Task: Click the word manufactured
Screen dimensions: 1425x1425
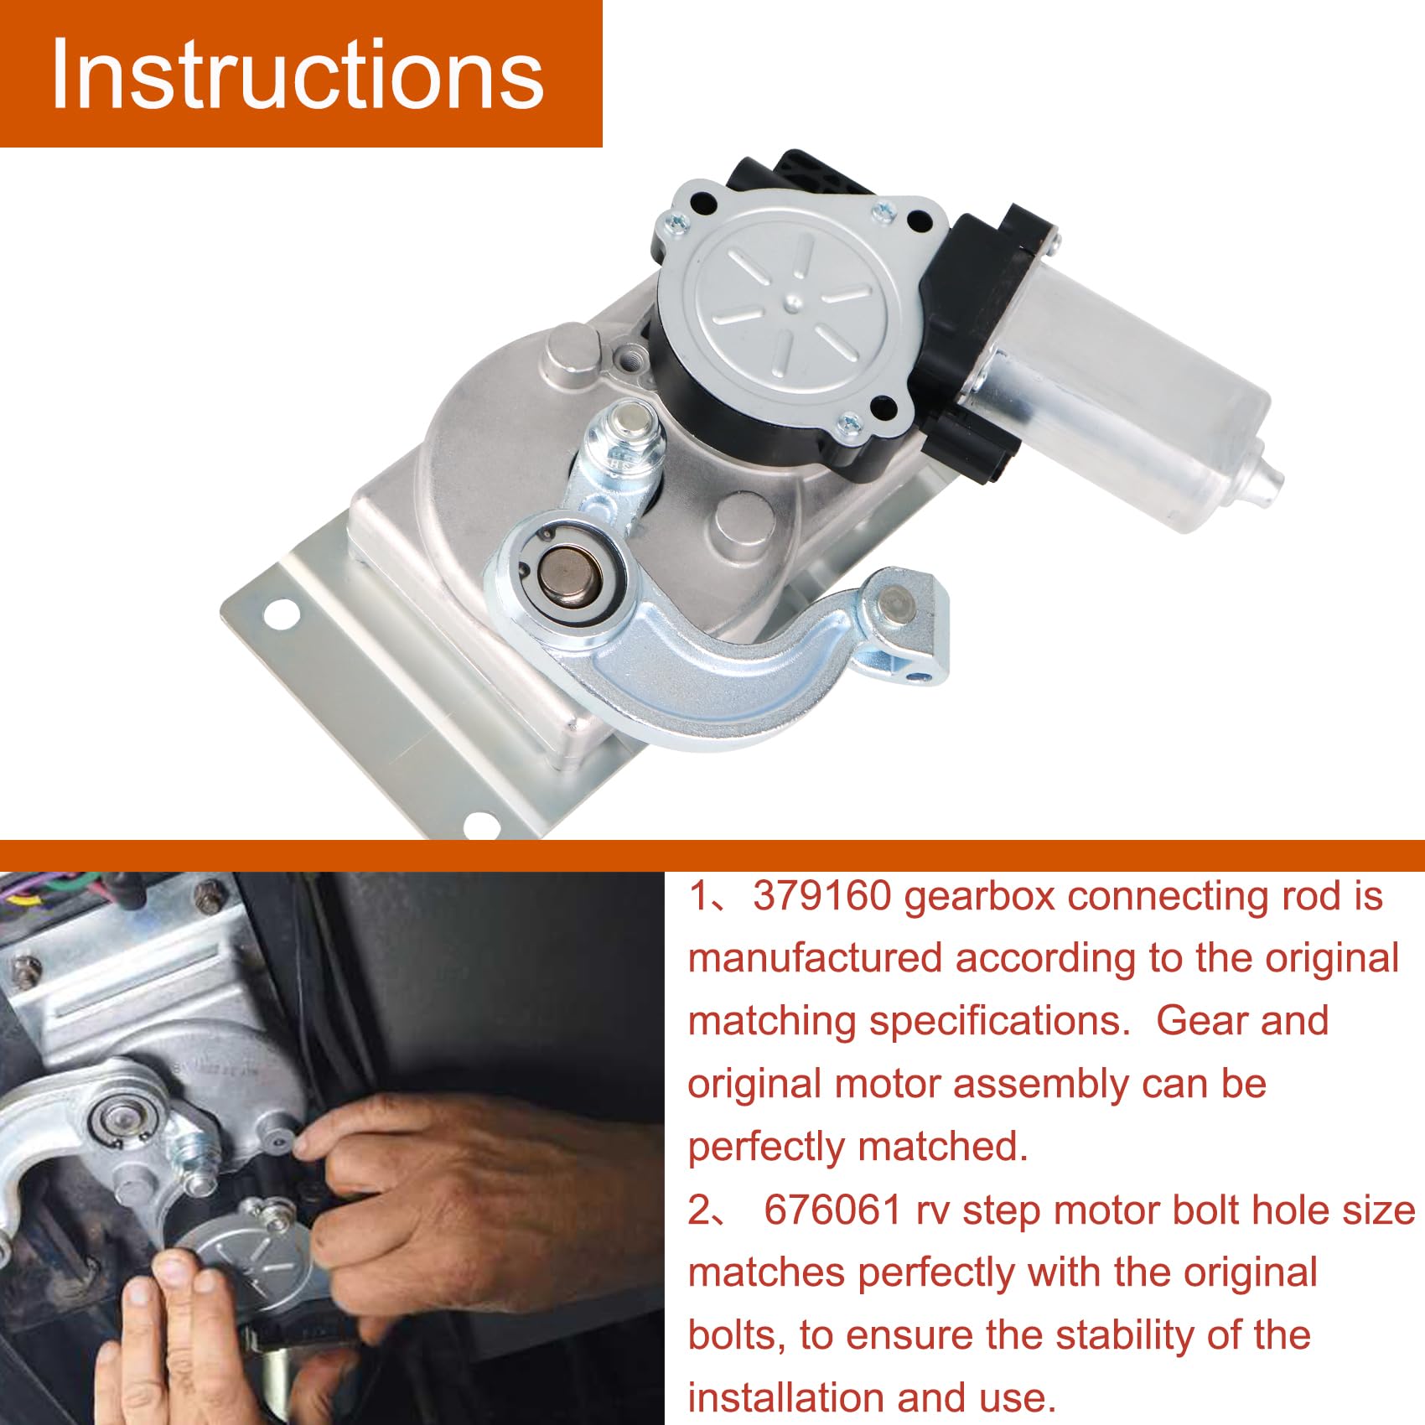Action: pos(816,959)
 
